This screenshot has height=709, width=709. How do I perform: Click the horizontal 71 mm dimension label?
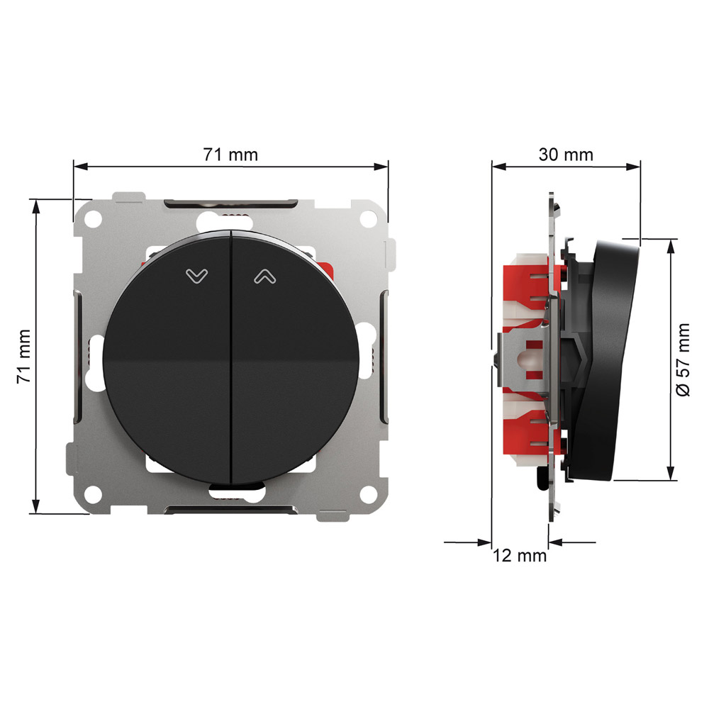pyautogui.click(x=230, y=155)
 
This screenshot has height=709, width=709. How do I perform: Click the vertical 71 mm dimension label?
pyautogui.click(x=24, y=357)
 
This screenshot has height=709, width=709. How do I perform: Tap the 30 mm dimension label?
pyautogui.click(x=566, y=155)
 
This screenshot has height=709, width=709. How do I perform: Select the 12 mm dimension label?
pyautogui.click(x=520, y=555)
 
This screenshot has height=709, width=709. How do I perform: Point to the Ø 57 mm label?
pyautogui.click(x=683, y=359)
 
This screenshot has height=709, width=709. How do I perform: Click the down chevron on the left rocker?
pyautogui.click(x=196, y=276)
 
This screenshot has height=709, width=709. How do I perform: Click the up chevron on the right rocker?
pyautogui.click(x=265, y=276)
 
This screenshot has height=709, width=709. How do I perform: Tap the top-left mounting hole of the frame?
pyautogui.click(x=94, y=219)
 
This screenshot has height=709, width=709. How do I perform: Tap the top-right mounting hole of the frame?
pyautogui.click(x=368, y=219)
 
